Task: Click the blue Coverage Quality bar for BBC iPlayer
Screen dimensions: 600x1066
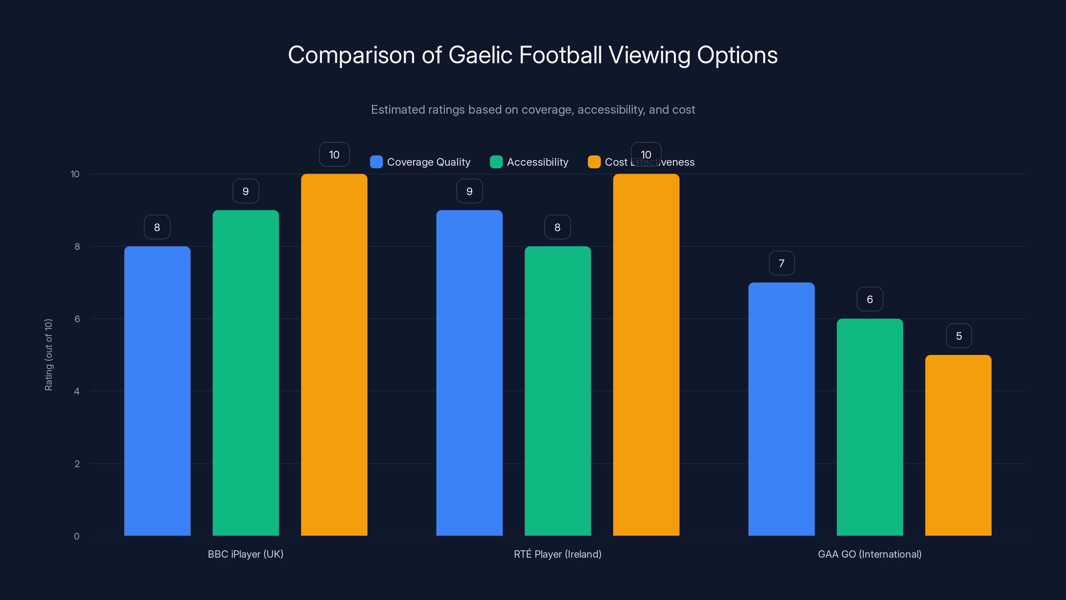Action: coord(157,391)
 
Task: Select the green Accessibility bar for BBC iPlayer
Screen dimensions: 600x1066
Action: coord(246,373)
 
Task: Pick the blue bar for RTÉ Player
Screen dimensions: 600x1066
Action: coord(469,373)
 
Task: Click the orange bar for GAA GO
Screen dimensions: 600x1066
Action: coord(958,445)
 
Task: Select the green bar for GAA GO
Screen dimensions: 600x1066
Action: coord(869,427)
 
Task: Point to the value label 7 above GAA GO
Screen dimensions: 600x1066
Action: coord(781,263)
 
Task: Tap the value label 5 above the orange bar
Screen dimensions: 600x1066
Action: coord(958,336)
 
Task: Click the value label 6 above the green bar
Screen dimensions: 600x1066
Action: coord(869,299)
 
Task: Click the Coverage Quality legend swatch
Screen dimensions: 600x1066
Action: coord(376,162)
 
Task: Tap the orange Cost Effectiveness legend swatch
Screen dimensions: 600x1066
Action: coord(594,162)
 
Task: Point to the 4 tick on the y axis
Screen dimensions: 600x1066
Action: coord(77,391)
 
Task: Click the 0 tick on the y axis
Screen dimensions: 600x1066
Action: coord(77,536)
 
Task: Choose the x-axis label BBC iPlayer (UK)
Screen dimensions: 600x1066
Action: coord(246,554)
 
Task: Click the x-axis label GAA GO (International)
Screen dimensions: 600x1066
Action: coord(869,554)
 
